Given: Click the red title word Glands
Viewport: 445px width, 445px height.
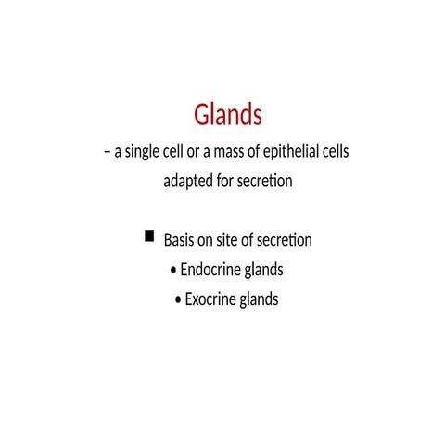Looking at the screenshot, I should click(x=228, y=116).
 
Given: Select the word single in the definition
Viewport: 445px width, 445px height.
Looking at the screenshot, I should click(x=145, y=151).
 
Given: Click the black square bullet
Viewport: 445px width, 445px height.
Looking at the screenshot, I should click(x=149, y=237).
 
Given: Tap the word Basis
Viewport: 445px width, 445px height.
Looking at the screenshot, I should click(x=181, y=241).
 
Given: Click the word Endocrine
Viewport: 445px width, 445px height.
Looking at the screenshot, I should click(x=209, y=271).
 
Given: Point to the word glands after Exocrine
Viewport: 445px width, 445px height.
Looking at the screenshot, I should click(x=260, y=300).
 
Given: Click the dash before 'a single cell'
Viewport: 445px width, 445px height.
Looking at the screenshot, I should click(x=107, y=152).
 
